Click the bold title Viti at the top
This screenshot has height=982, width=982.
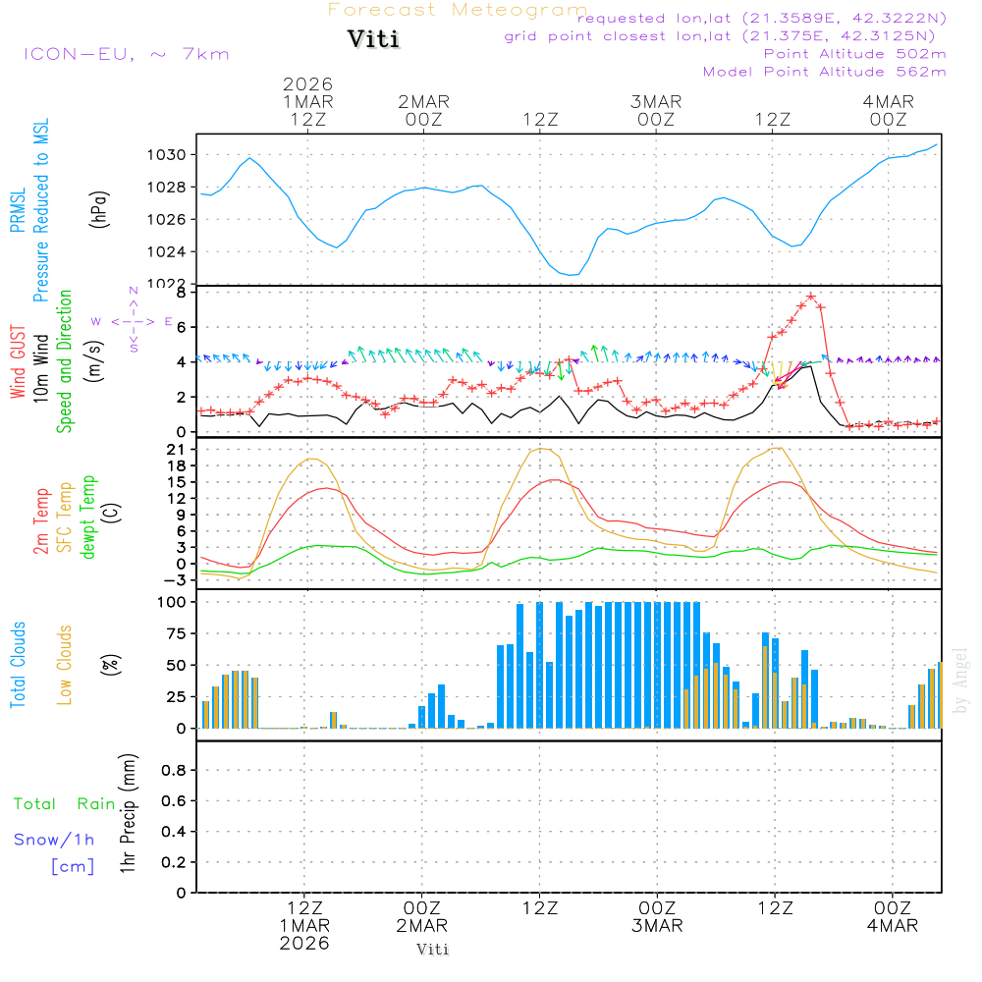(374, 40)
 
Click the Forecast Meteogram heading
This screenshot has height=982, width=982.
(458, 10)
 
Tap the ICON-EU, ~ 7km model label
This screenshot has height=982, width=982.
(126, 54)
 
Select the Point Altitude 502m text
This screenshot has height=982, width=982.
(854, 54)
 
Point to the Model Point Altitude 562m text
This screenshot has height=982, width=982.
(825, 72)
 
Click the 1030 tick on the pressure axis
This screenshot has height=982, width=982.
(170, 155)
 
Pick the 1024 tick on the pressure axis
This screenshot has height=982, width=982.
(170, 251)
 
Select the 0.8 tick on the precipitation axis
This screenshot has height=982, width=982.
(174, 771)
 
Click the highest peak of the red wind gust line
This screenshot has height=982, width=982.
(811, 296)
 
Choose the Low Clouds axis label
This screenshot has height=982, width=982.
(66, 664)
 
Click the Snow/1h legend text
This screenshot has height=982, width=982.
(54, 840)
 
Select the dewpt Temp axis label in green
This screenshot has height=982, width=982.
(89, 518)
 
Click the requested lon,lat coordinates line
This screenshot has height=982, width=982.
(762, 19)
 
